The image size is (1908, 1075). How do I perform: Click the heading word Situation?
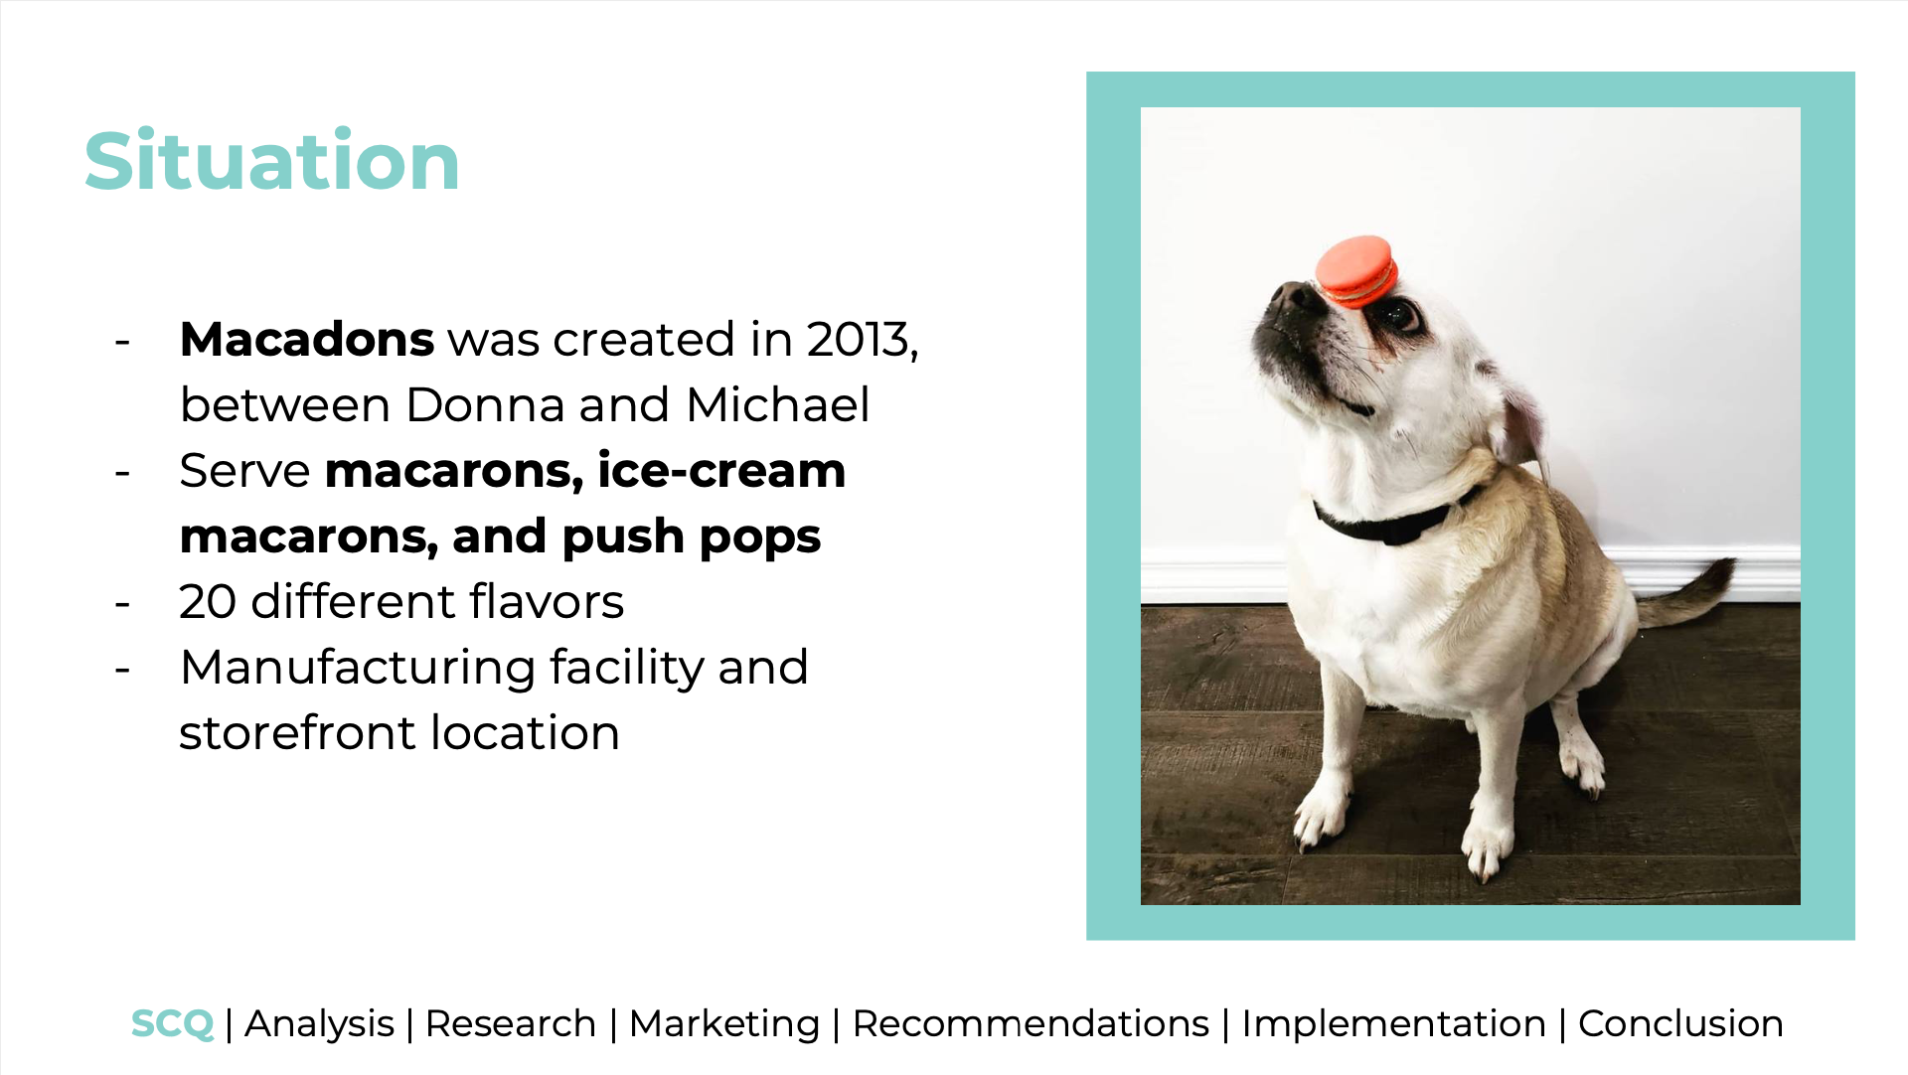point(271,161)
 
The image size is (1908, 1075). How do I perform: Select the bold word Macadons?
point(307,340)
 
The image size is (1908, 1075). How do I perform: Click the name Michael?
point(778,405)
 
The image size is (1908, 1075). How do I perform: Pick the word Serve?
point(244,471)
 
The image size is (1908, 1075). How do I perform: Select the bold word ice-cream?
point(721,471)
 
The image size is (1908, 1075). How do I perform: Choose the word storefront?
point(297,733)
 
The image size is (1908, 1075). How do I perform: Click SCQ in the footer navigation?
point(172,1024)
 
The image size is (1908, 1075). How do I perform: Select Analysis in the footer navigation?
point(320,1024)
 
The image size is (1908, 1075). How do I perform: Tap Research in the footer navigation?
point(511,1024)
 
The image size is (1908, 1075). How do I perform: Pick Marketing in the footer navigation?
point(724,1024)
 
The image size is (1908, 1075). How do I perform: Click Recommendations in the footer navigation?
point(1031,1024)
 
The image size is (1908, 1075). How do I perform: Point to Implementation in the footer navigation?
point(1393,1024)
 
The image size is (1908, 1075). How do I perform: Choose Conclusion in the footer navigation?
point(1680,1024)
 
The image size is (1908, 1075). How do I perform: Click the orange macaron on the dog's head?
point(1356,270)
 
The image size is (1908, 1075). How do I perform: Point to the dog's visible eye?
point(1400,316)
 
